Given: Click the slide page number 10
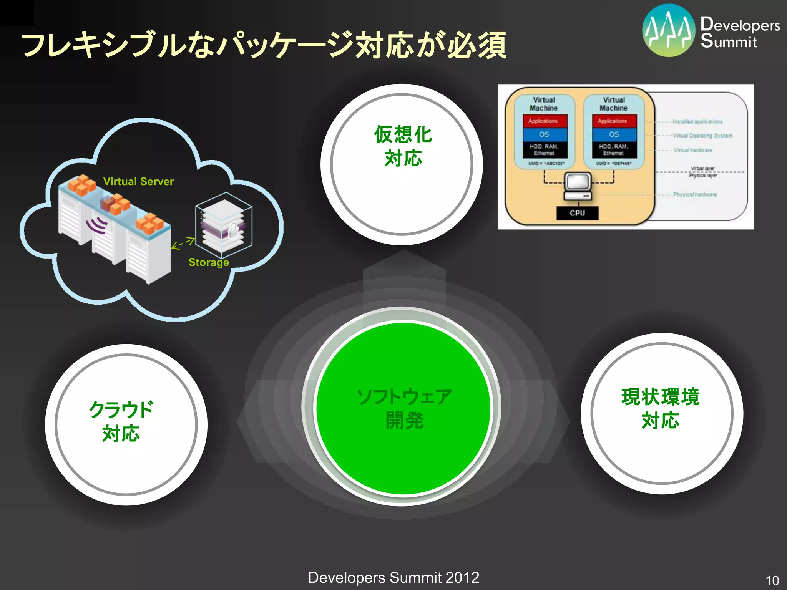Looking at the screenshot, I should pyautogui.click(x=772, y=580).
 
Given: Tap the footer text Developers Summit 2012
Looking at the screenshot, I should pyautogui.click(x=393, y=578).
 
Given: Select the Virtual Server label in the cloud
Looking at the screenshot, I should pyautogui.click(x=138, y=181).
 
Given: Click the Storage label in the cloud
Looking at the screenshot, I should pyautogui.click(x=209, y=262).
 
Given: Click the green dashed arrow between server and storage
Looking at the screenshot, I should pyautogui.click(x=183, y=244).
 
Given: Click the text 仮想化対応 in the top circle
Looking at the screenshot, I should pyautogui.click(x=403, y=146).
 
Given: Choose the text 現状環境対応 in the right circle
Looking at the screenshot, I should pyautogui.click(x=660, y=408).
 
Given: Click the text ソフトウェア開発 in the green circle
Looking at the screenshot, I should pyautogui.click(x=404, y=409).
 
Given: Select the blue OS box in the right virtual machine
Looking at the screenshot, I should pyautogui.click(x=614, y=134).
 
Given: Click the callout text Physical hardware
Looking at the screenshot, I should pyautogui.click(x=695, y=195).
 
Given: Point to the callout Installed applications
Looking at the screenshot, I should pyautogui.click(x=697, y=122).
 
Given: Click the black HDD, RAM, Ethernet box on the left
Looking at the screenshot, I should pyautogui.click(x=544, y=150).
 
